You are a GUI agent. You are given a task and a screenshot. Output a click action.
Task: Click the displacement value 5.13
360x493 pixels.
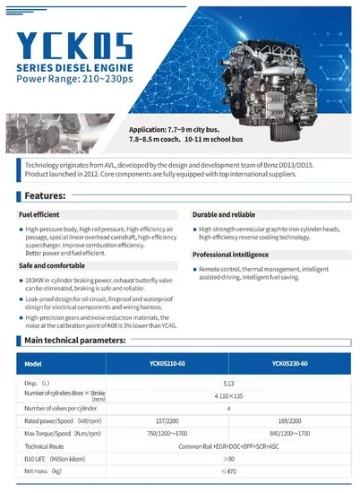(x=228, y=383)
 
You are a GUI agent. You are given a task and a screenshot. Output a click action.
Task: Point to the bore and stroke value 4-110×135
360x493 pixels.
(x=228, y=394)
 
